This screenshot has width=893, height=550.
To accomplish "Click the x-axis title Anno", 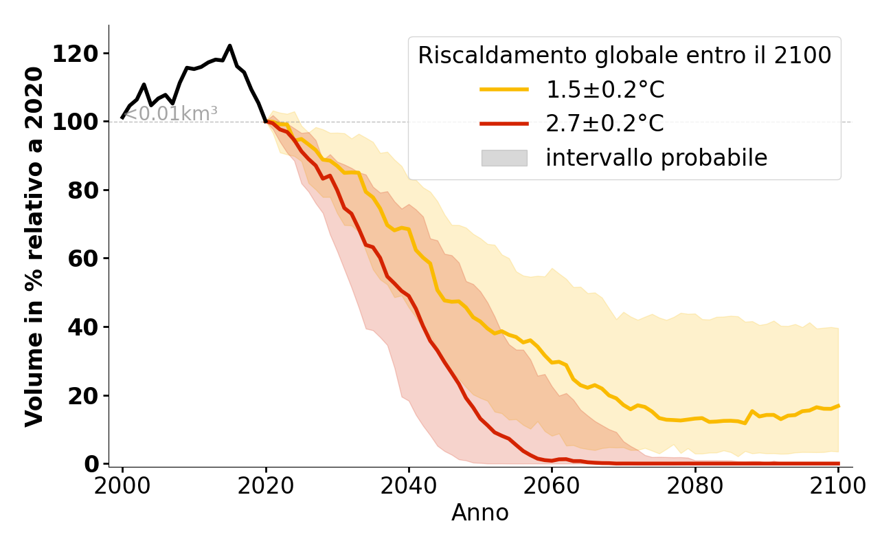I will (480, 513).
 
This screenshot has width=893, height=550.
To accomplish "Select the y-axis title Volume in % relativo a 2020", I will (35, 246).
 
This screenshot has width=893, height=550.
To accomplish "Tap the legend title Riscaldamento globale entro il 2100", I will (624, 56).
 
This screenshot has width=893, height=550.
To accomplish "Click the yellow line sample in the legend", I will (504, 89).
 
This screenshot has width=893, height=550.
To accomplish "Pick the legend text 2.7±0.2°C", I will (604, 124).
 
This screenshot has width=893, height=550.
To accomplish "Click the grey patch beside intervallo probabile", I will (504, 158).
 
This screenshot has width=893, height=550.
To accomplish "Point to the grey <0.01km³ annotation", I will (170, 113).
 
